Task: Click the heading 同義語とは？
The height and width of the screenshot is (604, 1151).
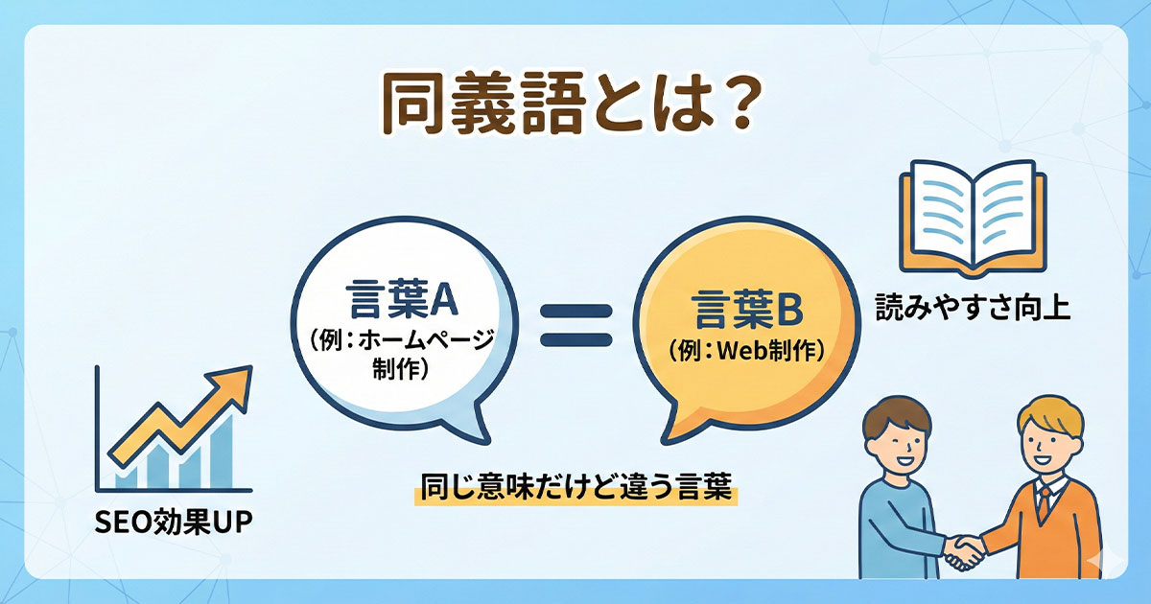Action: point(566,106)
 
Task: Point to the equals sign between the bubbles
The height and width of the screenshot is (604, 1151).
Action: point(576,325)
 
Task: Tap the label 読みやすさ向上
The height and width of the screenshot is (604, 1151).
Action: point(973,310)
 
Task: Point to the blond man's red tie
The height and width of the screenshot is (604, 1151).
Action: point(1045,502)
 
